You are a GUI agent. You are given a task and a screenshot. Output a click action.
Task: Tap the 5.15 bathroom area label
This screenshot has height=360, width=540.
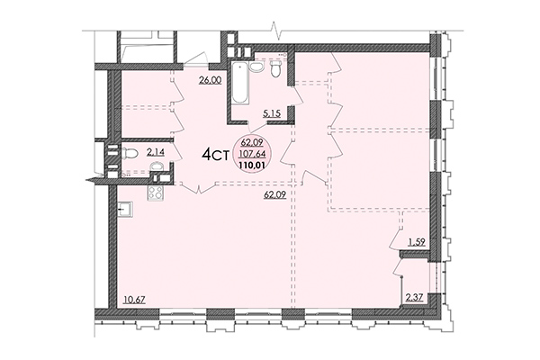click(x=273, y=113)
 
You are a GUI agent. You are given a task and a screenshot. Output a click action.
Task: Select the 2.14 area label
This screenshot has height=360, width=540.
click(x=156, y=153)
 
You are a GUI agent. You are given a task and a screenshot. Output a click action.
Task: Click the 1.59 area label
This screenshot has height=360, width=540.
click(x=417, y=241)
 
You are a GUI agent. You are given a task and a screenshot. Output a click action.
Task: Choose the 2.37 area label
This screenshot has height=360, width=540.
click(x=415, y=298)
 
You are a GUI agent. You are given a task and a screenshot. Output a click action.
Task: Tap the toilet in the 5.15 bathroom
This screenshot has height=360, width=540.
click(x=277, y=67)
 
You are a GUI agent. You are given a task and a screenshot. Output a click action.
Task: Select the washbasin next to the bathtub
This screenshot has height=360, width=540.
click(x=256, y=66)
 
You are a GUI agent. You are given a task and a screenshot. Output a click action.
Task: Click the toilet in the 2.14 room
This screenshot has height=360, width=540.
click(x=131, y=153)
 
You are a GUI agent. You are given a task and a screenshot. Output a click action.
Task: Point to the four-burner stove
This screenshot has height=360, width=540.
click(x=157, y=192)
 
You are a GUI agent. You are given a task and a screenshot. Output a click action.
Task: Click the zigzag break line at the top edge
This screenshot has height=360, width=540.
click(x=278, y=34)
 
